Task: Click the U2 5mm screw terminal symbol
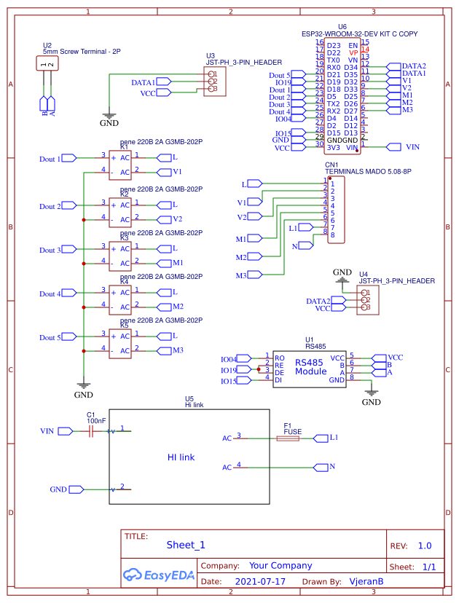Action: tap(47, 64)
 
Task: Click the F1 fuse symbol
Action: tap(293, 439)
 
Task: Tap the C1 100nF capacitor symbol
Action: tap(90, 431)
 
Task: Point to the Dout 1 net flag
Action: tap(69, 158)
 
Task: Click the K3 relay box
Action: tap(120, 255)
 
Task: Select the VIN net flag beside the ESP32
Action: tap(394, 147)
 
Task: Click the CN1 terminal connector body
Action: tap(336, 209)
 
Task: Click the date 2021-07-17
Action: tap(260, 582)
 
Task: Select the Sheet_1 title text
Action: tap(186, 545)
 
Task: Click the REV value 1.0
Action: tap(424, 545)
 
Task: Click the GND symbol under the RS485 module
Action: tap(372, 393)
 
